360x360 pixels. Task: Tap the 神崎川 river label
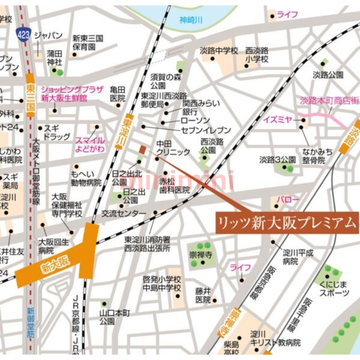tap(191, 19)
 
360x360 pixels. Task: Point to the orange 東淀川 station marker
tap(127, 131)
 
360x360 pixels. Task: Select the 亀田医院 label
tap(117, 94)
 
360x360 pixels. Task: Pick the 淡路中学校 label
tap(219, 51)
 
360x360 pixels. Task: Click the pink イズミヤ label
tap(278, 120)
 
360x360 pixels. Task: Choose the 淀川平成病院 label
tap(297, 256)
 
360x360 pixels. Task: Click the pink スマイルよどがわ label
tap(90, 144)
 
